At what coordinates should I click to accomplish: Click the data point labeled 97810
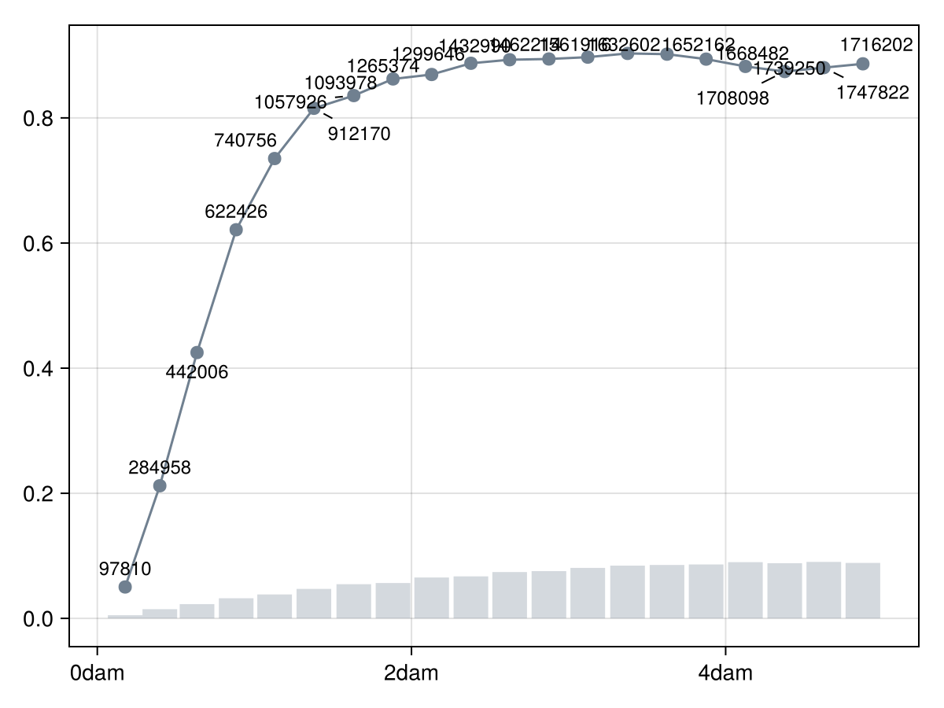click(x=124, y=587)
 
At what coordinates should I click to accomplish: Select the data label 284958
click(x=160, y=467)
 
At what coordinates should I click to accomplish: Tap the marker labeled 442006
click(x=197, y=352)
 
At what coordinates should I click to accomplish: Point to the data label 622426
click(x=236, y=212)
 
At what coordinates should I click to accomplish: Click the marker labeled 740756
click(x=275, y=159)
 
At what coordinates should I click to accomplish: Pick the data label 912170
click(x=359, y=134)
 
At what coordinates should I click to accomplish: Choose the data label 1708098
click(x=732, y=99)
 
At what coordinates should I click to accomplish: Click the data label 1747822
click(x=872, y=93)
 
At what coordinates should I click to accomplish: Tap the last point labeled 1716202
click(x=863, y=64)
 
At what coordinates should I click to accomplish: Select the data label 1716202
click(x=876, y=44)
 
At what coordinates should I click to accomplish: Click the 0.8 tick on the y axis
click(x=40, y=119)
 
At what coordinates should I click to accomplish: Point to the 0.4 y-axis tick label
click(x=40, y=369)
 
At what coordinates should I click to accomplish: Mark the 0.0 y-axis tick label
click(x=40, y=619)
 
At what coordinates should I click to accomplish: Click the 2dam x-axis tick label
click(x=411, y=674)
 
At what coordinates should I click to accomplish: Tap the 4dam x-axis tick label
click(x=725, y=674)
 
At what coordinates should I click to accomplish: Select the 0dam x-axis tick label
click(x=97, y=674)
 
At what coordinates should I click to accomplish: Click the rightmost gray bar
click(x=863, y=591)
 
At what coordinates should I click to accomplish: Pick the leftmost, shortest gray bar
click(x=124, y=616)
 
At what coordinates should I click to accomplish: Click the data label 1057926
click(x=290, y=102)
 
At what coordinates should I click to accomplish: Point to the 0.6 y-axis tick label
click(x=40, y=244)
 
